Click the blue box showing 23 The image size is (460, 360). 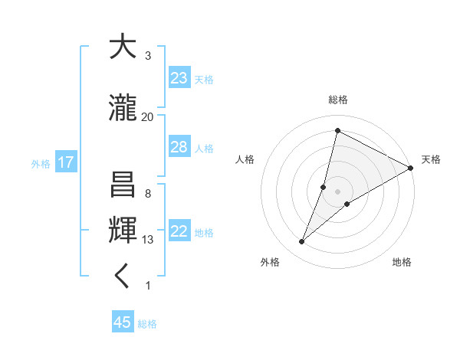[179, 78]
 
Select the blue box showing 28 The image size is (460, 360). [179, 147]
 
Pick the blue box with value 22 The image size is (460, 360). [179, 232]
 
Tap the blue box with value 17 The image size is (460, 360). [65, 162]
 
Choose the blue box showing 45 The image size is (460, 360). [123, 322]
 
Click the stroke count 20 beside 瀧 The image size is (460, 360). [147, 116]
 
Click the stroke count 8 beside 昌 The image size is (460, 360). [147, 193]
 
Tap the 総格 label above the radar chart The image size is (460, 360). [338, 100]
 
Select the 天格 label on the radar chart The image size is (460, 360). [431, 159]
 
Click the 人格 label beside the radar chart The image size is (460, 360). [245, 159]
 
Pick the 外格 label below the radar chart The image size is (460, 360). [269, 262]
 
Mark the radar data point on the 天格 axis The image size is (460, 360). [411, 168]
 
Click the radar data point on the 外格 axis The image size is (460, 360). [302, 242]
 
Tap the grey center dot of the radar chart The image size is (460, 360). [338, 191]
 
